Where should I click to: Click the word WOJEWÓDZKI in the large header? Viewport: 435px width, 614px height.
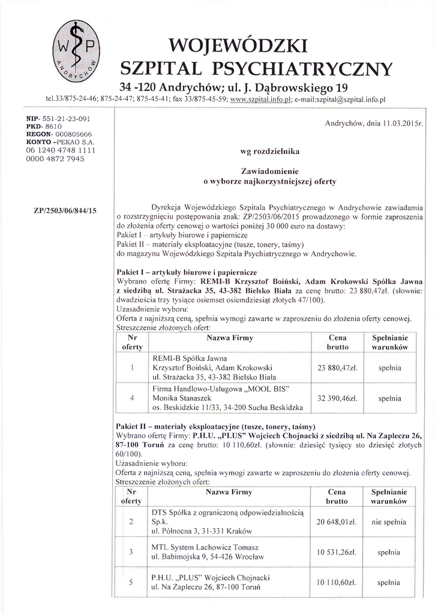[x=238, y=46]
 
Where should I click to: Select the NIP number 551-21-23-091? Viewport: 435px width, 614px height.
[x=59, y=121]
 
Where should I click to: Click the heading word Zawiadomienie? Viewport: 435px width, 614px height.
[x=271, y=170]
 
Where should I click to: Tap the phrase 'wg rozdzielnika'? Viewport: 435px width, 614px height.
[x=270, y=152]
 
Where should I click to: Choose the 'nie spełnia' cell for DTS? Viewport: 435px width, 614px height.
[x=389, y=522]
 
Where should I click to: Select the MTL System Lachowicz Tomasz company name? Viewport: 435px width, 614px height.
[x=206, y=547]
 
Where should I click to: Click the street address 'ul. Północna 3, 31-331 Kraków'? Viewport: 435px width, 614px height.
[x=202, y=531]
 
